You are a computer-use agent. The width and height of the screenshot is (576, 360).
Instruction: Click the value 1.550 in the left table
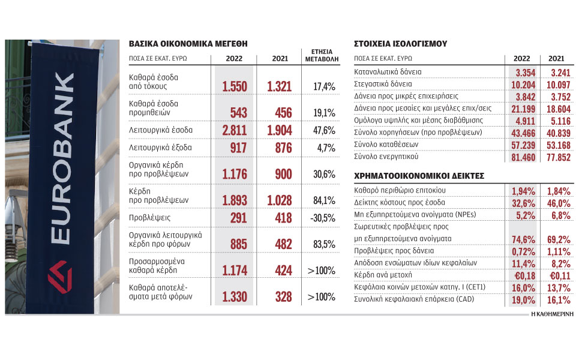coord(235,87)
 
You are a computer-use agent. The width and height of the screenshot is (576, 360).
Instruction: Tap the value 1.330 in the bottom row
coord(235,296)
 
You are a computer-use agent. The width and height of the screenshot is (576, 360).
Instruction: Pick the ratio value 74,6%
coord(521,239)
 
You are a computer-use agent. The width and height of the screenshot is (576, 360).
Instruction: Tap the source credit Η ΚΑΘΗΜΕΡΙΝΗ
coord(550,314)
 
